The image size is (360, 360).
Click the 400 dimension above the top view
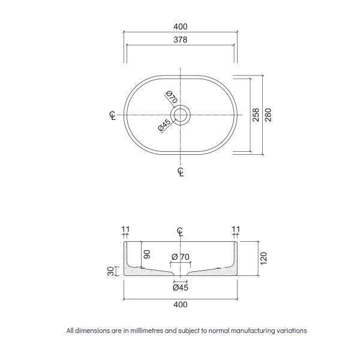[x=180, y=26]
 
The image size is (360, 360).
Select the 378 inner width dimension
[x=180, y=40]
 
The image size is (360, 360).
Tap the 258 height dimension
[x=256, y=114]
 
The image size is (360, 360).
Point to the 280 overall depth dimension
[x=268, y=114]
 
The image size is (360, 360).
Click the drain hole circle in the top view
[x=180, y=114]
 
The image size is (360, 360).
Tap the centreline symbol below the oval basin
[x=181, y=172]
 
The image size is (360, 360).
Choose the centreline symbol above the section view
[x=180, y=231]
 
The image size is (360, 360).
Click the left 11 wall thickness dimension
[x=125, y=229]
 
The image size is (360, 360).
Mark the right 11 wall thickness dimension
[x=235, y=229]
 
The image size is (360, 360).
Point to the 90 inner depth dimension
[x=145, y=254]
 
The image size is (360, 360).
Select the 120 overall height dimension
[x=263, y=259]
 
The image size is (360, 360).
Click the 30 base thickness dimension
[x=110, y=271]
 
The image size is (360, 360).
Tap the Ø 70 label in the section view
[x=180, y=257]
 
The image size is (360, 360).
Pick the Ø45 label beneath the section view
[x=180, y=287]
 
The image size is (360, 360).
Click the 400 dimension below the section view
[x=180, y=304]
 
